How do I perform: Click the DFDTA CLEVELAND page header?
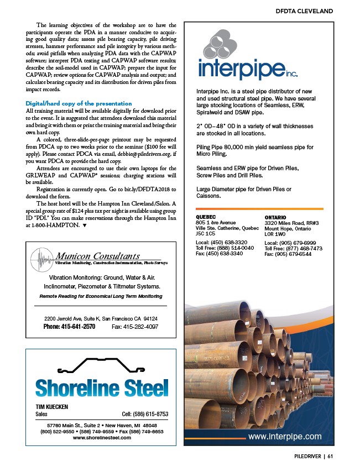point(304,11)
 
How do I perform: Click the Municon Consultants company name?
point(97,256)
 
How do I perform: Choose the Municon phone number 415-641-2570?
point(70,327)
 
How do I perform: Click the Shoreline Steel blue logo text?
point(101,387)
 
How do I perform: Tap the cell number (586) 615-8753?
point(145,414)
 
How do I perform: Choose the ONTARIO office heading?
point(276,218)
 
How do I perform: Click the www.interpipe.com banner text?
point(285,436)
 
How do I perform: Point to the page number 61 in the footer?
point(330,456)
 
